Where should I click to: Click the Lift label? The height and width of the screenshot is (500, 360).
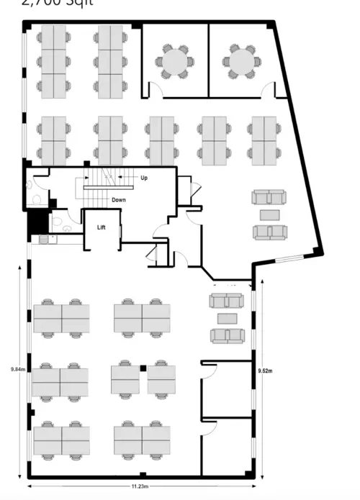[102, 227]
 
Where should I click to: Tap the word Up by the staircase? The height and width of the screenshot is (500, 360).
[144, 176]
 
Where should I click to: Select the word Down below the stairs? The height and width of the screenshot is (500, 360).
[120, 199]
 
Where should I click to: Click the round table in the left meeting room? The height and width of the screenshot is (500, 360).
[174, 62]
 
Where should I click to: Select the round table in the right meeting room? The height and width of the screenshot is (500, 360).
[240, 61]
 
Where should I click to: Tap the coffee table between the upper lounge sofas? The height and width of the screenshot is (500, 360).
[270, 214]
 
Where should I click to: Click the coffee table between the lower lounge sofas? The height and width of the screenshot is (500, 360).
[228, 318]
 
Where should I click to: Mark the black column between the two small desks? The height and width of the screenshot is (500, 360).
[143, 368]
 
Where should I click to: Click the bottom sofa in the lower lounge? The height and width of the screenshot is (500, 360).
[228, 335]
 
